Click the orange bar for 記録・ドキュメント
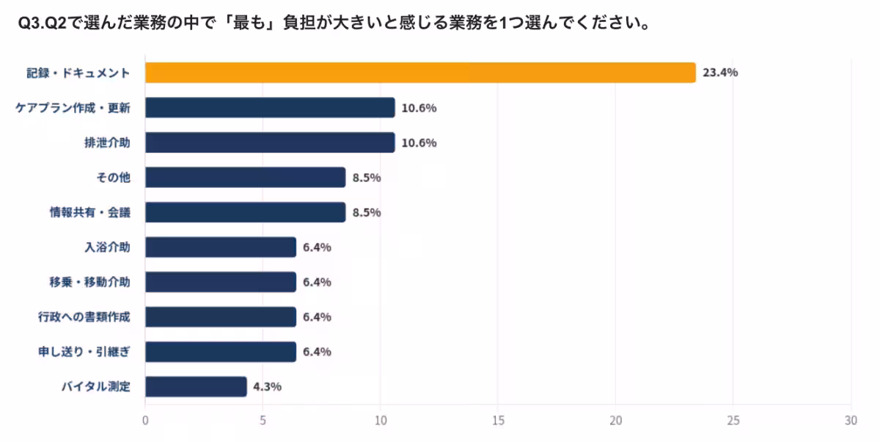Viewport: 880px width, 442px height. point(419,73)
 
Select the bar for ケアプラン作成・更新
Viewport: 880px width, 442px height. point(270,108)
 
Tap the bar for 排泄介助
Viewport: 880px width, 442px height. point(270,142)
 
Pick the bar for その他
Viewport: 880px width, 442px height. point(245,178)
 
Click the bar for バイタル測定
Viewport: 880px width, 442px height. point(196,386)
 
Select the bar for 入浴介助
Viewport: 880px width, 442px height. point(220,247)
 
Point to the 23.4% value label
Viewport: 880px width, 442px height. point(719,73)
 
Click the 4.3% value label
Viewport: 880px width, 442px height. point(267,386)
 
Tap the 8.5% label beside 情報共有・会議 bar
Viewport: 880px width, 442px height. point(366,212)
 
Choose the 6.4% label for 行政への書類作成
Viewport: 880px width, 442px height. point(317,316)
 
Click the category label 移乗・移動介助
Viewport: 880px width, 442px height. point(88,282)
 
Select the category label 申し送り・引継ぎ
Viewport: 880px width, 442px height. point(84,352)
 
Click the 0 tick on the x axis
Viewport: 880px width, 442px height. point(145,421)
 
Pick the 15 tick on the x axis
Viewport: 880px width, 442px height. point(498,421)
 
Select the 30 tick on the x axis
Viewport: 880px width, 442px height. point(851,421)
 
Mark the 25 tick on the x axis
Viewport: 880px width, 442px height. point(733,421)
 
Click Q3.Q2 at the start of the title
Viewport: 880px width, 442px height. point(42,23)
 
